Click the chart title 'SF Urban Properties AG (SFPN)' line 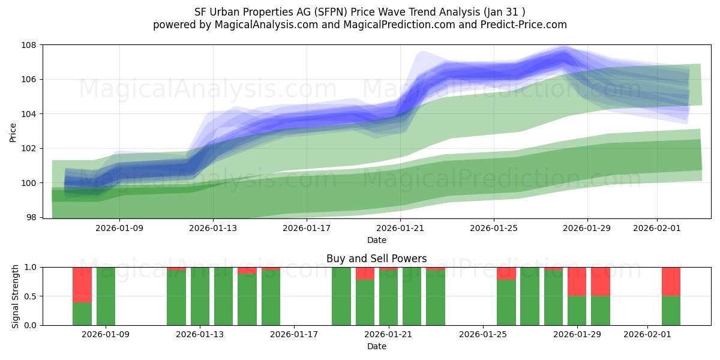coord(360,12)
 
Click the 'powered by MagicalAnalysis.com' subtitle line coord(360,25)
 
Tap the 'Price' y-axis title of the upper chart coord(13,132)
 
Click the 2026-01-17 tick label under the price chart coord(307,228)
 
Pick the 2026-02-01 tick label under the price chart coord(657,228)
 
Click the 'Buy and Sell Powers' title coord(377,259)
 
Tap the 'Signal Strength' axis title coord(16,296)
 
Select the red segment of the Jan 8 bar coord(82,284)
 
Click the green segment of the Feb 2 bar coord(671,310)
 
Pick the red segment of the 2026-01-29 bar coord(577,281)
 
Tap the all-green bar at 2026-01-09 coord(106,296)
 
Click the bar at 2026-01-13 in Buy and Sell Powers coord(200,296)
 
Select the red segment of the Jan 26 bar coord(506,274)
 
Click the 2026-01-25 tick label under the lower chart coord(483,334)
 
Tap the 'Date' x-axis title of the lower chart coord(377,346)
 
